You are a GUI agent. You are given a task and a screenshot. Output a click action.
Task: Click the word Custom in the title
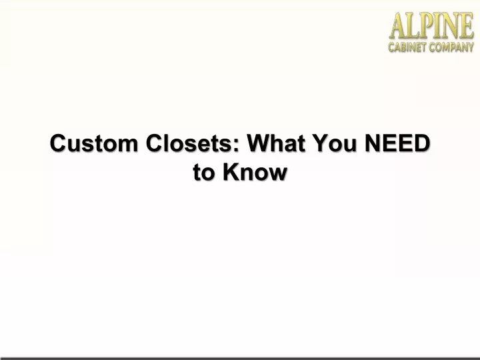[x=94, y=143]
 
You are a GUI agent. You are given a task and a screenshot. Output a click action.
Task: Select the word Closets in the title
[x=189, y=143]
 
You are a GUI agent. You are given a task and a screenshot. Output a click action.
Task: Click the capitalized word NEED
[x=397, y=143]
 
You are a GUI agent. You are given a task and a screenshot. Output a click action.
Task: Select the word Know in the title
[x=255, y=172]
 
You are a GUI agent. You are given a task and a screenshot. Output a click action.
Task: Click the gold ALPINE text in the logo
[x=431, y=26]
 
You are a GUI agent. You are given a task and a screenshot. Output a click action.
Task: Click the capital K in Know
[x=231, y=172]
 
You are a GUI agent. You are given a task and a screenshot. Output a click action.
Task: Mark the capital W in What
[x=259, y=143]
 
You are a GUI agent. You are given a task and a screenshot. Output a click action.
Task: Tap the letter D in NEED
[x=422, y=143]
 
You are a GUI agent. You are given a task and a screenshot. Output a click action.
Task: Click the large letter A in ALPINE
[x=399, y=26]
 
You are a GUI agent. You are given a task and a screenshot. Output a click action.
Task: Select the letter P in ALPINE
[x=427, y=26]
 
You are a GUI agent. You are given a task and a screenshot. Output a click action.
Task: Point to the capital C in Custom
[x=59, y=143]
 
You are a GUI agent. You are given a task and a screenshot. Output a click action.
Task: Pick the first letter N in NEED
[x=373, y=143]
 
